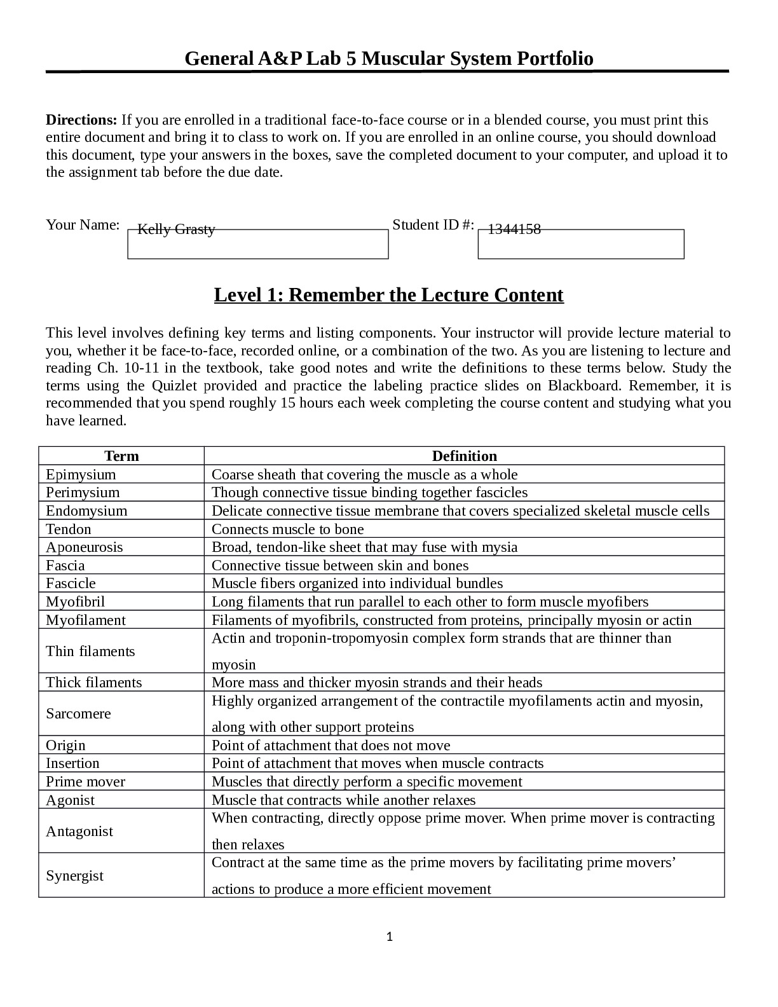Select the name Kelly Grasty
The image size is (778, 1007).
176,229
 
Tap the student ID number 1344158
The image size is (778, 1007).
514,229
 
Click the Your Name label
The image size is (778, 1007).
83,224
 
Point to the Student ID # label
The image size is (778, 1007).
433,224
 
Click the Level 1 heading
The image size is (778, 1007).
388,295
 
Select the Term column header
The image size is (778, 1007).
121,456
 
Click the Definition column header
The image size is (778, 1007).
464,456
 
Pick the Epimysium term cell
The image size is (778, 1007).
81,474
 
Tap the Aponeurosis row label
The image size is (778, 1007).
85,547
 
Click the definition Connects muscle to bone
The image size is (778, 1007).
287,529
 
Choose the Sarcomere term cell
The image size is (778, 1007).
78,713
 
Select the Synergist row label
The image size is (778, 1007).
74,875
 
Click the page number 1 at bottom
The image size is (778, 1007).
390,936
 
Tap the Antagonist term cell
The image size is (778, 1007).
79,831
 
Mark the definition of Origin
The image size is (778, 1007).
331,745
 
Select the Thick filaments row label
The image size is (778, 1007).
94,682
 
